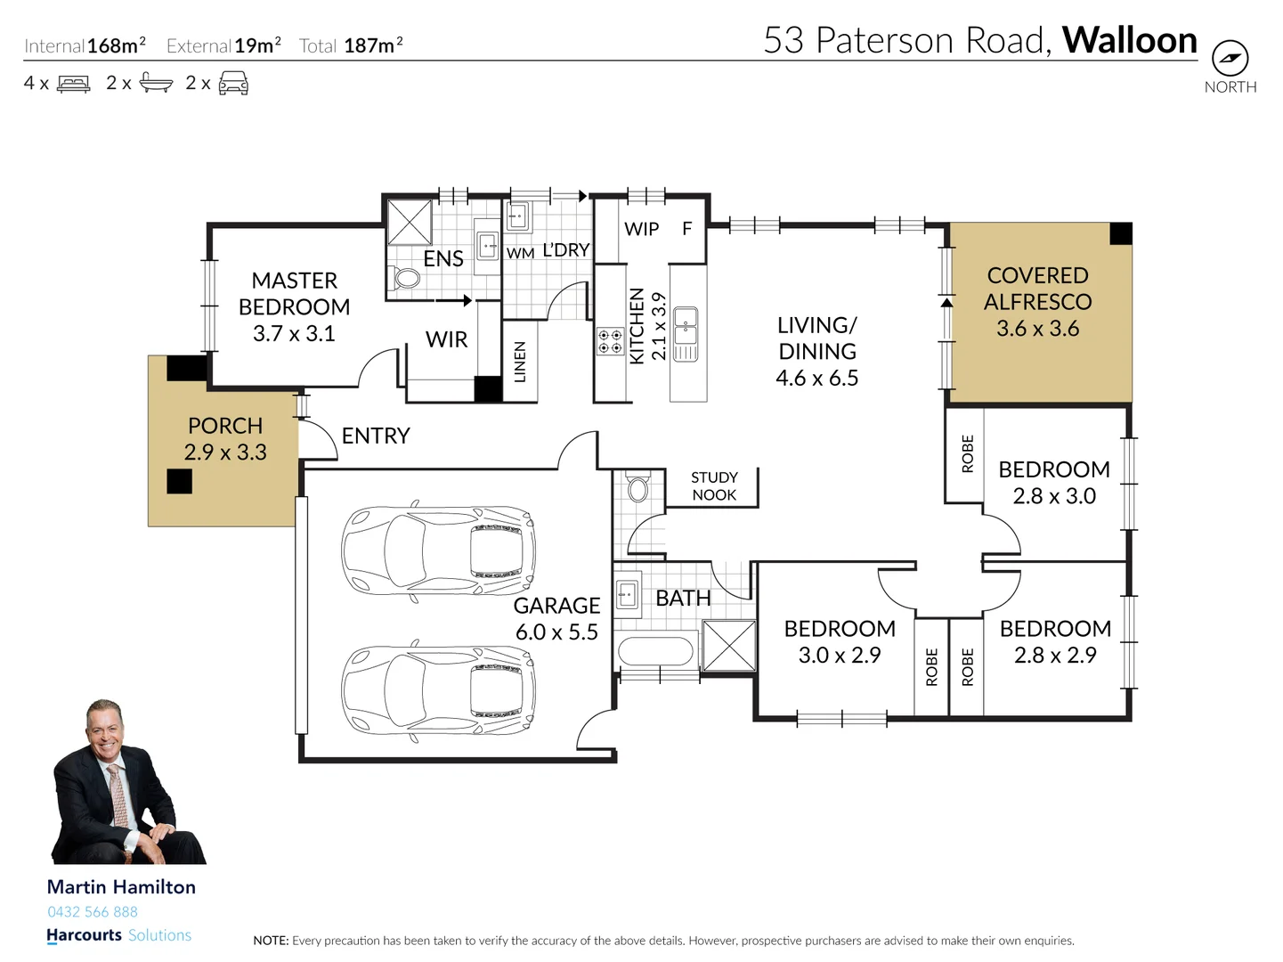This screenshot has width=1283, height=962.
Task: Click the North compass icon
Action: coord(1230,60)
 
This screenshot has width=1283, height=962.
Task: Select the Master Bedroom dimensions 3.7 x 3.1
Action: coord(294,334)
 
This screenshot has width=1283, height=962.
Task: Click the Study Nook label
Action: coord(714,486)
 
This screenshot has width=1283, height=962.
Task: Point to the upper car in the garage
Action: coord(438,550)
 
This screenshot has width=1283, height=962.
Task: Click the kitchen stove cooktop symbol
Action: coord(610,341)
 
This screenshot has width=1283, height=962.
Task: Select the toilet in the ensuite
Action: coord(406,278)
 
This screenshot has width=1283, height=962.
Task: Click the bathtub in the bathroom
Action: coord(655,651)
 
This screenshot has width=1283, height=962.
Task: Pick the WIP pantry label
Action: coord(641,229)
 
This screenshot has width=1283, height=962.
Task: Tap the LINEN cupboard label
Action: coord(520,362)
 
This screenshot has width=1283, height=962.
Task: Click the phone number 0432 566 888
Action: coord(93,911)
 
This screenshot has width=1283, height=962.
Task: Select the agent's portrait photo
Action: coord(126,782)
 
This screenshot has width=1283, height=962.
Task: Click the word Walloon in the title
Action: coord(1129,40)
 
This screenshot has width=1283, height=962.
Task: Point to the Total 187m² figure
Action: coord(351,45)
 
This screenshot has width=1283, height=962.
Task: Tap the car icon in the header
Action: coord(233,84)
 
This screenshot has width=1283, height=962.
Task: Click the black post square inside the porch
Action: coord(179,481)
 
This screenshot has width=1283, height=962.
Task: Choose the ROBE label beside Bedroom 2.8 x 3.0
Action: coord(967,453)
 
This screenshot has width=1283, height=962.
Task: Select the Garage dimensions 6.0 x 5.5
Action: coord(556,632)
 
